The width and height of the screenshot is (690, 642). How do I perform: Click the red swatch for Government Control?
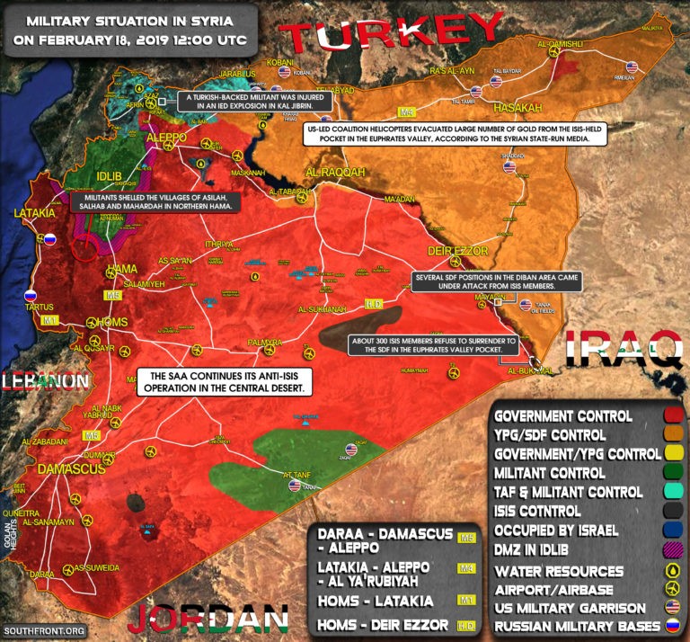point(671,416)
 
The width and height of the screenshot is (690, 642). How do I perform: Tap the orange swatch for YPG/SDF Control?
point(671,435)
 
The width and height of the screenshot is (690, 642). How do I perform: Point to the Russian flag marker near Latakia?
point(50,240)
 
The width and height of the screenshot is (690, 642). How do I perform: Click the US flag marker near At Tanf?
point(294,486)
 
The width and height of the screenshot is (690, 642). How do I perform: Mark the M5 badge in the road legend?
point(466,537)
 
